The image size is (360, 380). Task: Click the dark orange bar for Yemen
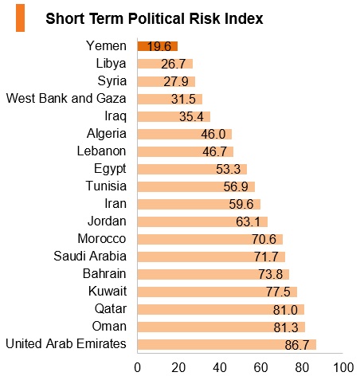point(158,46)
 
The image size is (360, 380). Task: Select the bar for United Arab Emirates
point(227,344)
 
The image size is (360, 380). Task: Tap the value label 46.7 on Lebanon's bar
point(214,151)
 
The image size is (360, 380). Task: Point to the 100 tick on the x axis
point(343,368)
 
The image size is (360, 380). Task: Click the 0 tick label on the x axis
point(137,368)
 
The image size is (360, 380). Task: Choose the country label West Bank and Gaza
point(66,98)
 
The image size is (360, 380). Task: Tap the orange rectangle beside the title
point(20,18)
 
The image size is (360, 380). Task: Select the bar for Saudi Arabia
point(211,257)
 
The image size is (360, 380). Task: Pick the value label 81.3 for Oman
point(286,327)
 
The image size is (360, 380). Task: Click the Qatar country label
point(111,309)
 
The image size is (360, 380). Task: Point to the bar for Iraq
point(174,116)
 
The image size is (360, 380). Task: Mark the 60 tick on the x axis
point(260,368)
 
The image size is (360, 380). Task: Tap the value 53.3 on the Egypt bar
point(228,169)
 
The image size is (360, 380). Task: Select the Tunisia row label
point(106,186)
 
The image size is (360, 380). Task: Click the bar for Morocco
point(210,239)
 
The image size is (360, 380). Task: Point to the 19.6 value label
point(159,46)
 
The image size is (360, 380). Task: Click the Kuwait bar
point(217,292)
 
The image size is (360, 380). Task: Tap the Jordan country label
point(107,221)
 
